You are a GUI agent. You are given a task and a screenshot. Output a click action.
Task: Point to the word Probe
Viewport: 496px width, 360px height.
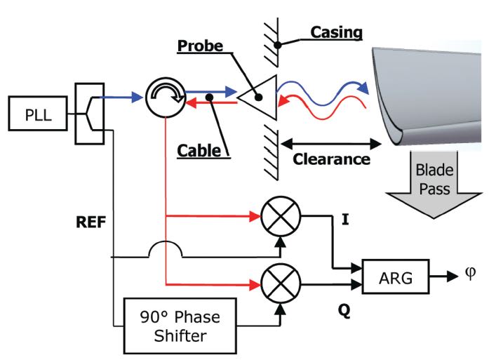(x=198, y=46)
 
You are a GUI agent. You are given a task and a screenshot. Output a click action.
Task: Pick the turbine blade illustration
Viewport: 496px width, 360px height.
(x=428, y=91)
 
